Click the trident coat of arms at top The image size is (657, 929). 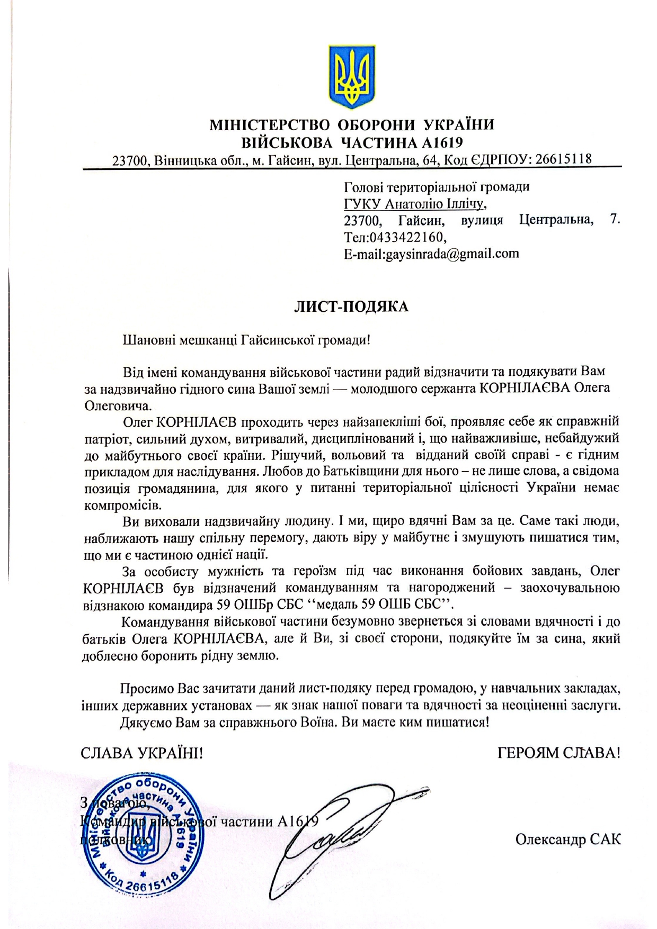pos(351,74)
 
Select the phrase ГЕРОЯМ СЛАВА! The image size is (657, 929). pos(559,753)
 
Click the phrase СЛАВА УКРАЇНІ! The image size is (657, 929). pos(142,753)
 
